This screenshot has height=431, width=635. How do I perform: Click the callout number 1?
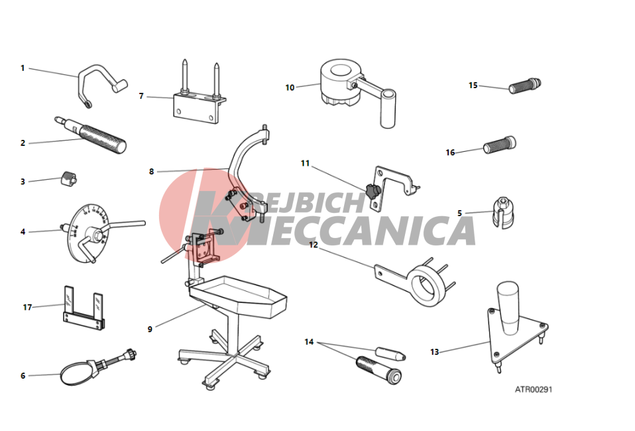tap(23, 68)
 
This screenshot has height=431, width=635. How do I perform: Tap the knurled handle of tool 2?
tap(103, 139)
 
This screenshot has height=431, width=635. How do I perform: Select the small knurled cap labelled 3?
tap(69, 178)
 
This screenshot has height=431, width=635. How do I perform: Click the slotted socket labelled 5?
tap(503, 212)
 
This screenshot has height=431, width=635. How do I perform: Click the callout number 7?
tap(141, 96)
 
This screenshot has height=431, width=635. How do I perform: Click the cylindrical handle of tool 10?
tap(388, 109)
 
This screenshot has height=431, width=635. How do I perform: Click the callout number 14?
tap(309, 342)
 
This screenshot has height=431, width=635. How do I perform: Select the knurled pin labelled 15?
tap(525, 85)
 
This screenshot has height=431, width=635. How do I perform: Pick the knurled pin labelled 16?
tap(500, 144)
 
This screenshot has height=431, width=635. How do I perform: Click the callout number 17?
tap(27, 308)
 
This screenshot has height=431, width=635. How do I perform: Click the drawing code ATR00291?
tap(534, 389)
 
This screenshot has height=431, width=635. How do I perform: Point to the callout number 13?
tap(435, 352)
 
